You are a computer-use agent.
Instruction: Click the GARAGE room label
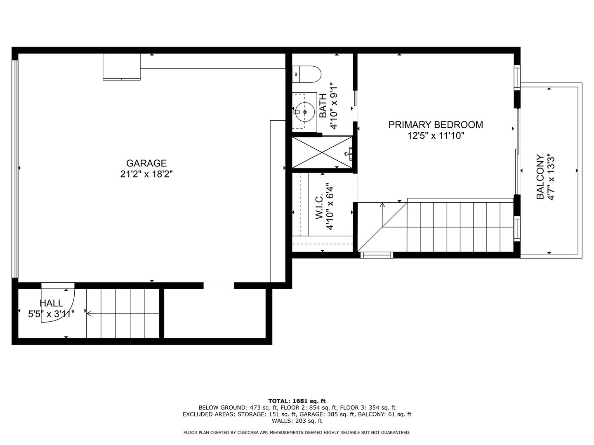[x=146, y=163]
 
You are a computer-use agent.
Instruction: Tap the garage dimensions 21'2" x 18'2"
[x=146, y=174]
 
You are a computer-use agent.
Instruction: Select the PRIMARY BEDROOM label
[x=436, y=125]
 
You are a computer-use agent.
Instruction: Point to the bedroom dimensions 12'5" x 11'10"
[x=436, y=136]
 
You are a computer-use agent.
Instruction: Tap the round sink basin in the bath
[x=305, y=112]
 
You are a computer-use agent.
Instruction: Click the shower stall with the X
[x=322, y=152]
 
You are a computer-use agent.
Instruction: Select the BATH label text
[x=323, y=105]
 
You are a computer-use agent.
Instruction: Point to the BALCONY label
[x=540, y=177]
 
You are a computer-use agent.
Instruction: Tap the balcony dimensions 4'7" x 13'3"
[x=551, y=177]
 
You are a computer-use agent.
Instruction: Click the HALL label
[x=52, y=303]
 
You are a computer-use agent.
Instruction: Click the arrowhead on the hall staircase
[x=89, y=314]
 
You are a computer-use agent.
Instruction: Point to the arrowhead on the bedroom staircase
[x=382, y=205]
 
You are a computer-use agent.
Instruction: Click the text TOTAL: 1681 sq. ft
[x=297, y=401]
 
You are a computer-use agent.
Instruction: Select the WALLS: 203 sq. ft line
[x=297, y=421]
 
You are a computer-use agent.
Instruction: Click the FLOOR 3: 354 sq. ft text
[x=368, y=408]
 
